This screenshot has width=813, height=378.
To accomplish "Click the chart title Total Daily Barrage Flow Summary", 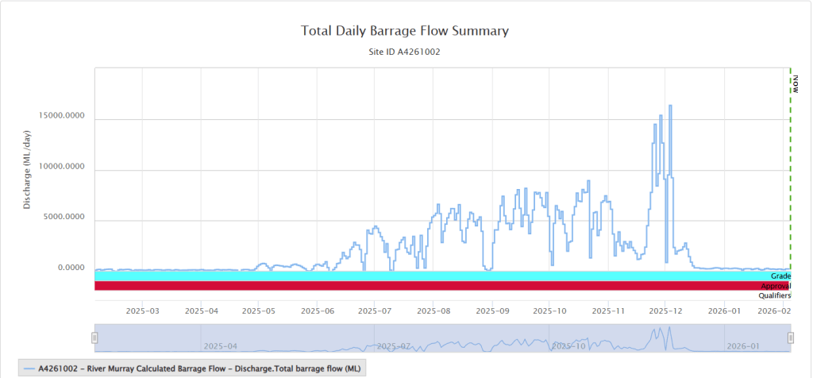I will click(405, 31).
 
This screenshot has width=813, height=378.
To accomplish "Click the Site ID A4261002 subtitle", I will click(405, 52).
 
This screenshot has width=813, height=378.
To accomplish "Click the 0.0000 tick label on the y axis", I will click(71, 267).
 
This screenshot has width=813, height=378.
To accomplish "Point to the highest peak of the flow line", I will click(670, 106).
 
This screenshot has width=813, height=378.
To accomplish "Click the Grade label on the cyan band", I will click(780, 276).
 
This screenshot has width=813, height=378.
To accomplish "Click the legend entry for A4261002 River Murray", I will click(191, 368).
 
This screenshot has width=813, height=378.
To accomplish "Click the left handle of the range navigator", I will click(94, 337).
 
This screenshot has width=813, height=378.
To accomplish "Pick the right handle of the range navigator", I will click(790, 337).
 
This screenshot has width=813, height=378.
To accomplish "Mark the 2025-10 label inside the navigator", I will click(568, 346).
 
